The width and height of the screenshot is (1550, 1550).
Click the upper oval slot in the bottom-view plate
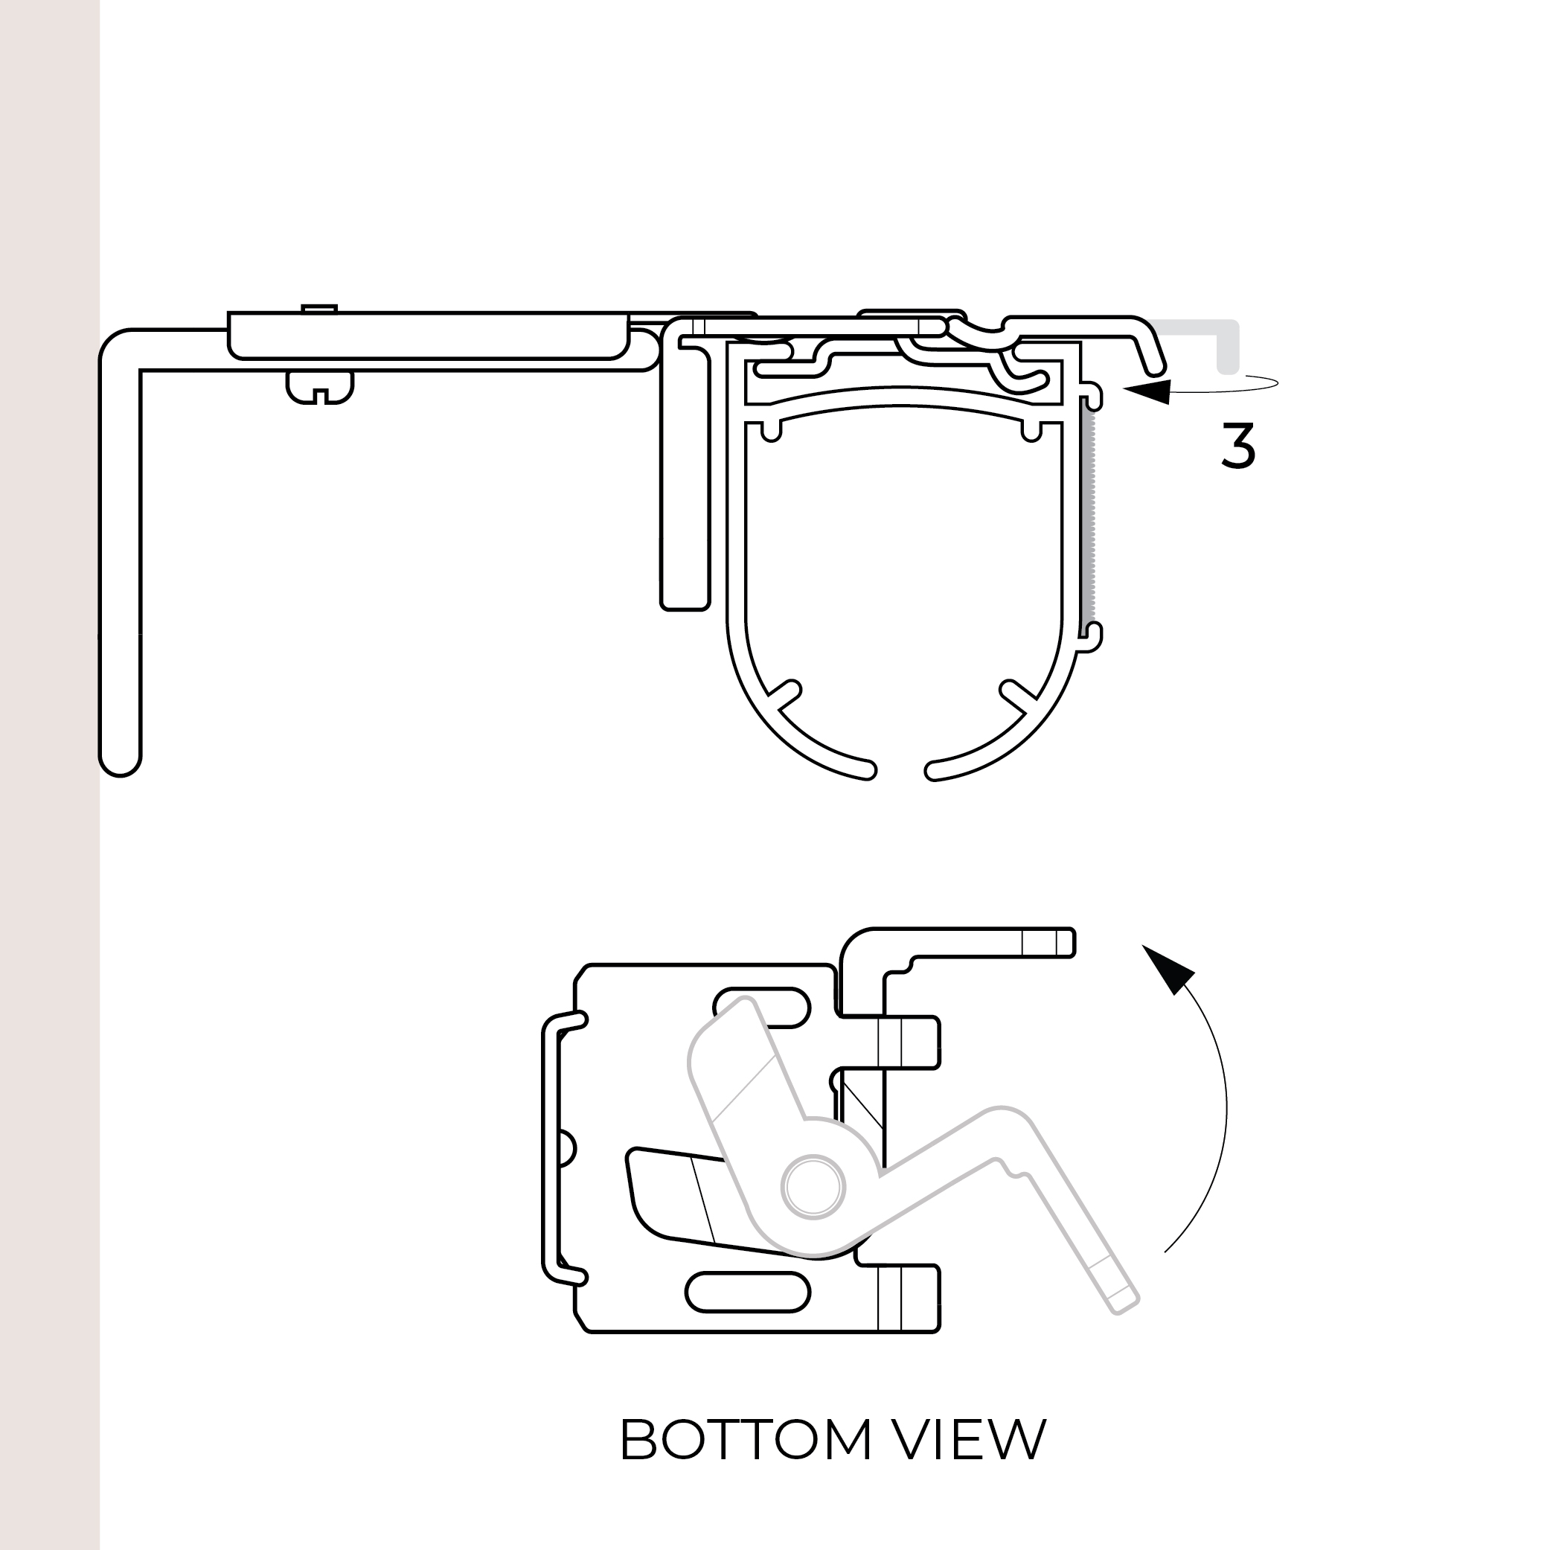tap(762, 1008)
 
